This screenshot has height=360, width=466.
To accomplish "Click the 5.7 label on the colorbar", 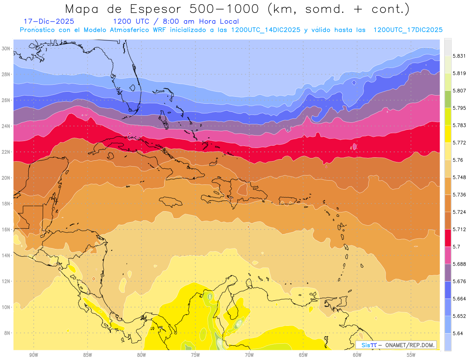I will [x=456, y=247].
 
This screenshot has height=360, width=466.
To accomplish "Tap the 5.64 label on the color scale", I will [x=457, y=333].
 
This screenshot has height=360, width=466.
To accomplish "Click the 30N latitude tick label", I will [x=7, y=49].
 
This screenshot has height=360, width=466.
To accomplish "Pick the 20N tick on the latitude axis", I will [x=7, y=178].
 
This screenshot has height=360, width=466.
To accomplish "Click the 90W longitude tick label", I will [x=33, y=355].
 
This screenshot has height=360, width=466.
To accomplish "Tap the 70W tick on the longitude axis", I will [x=249, y=355].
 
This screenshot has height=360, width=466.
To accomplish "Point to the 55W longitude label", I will [x=411, y=355].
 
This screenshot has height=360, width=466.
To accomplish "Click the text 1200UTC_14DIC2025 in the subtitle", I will [x=265, y=30].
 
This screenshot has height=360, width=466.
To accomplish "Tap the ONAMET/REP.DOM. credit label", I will [x=409, y=345].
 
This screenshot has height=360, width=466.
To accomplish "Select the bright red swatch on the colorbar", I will [x=448, y=237].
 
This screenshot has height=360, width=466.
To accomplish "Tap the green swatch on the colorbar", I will [x=448, y=99].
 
